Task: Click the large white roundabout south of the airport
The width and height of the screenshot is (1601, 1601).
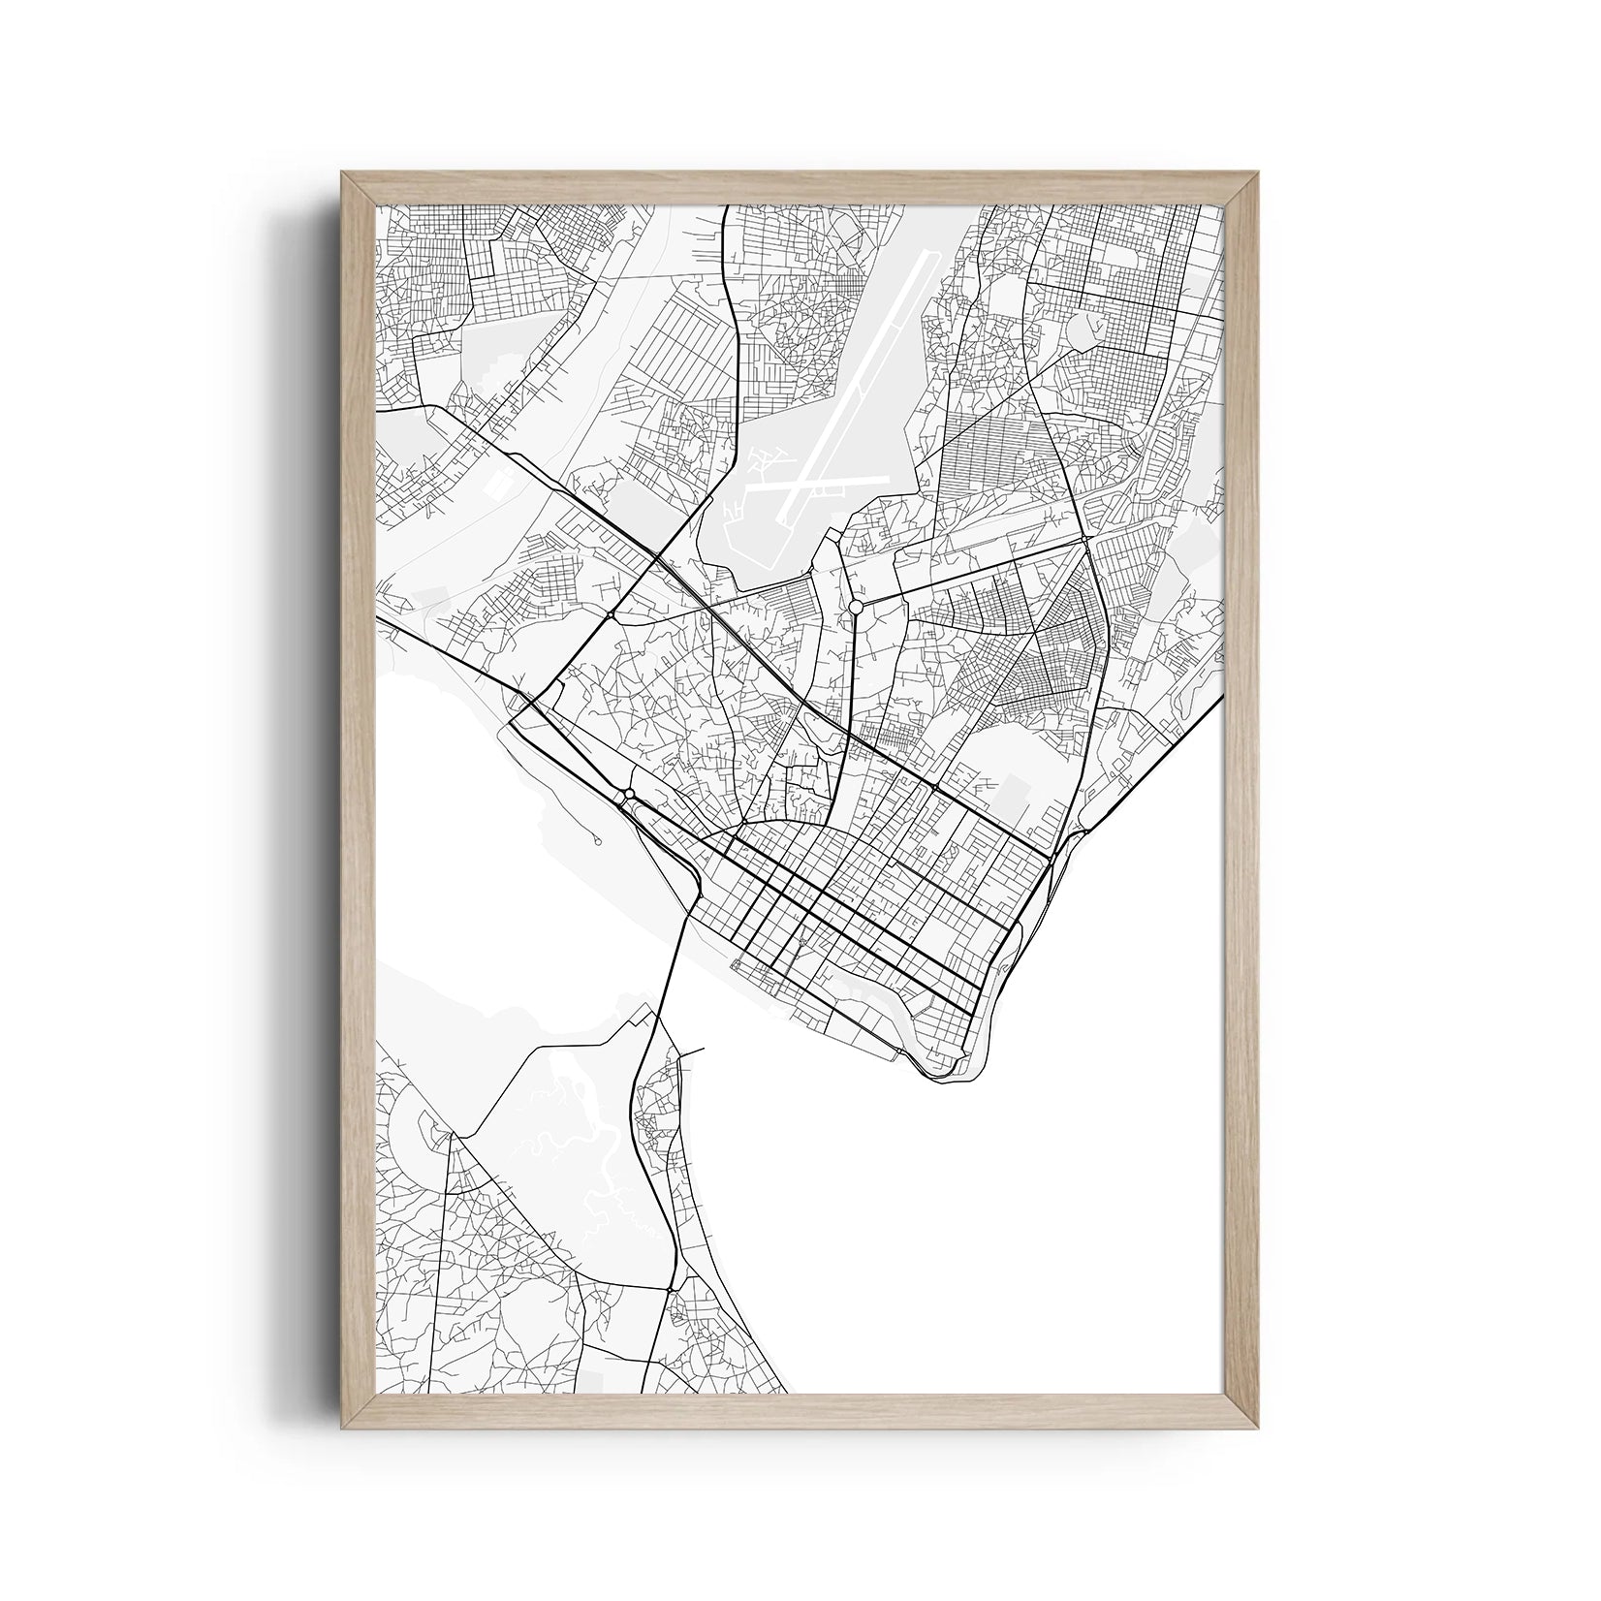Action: coord(855,606)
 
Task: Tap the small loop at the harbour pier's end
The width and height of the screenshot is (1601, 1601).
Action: coord(598,840)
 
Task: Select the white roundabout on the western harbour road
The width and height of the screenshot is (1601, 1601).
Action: coord(630,795)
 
